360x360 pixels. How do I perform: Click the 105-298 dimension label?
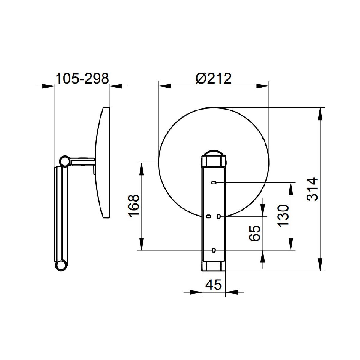tap(82, 79)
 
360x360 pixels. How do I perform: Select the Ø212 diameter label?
tap(214, 79)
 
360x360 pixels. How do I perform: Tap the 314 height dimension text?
tap(313, 189)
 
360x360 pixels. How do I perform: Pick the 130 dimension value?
tap(283, 216)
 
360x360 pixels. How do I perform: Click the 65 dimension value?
tap(254, 233)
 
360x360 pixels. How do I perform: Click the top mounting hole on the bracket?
tap(214, 182)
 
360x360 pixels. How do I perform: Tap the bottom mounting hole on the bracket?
tap(214, 250)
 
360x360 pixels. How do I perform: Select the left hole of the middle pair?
tap(208, 216)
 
